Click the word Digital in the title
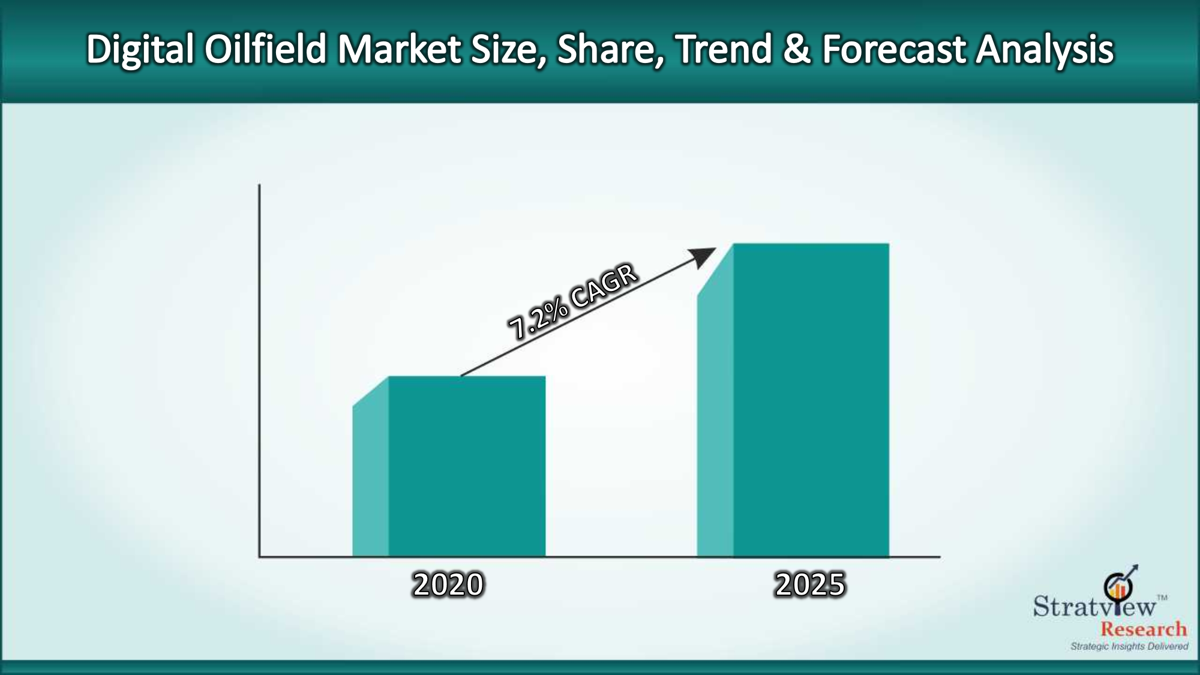pos(140,50)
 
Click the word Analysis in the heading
pos(1045,50)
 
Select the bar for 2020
pos(449,466)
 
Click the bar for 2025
pos(793,400)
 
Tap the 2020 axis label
pos(448,584)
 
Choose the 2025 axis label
pos(810,584)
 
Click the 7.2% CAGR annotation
pos(573,302)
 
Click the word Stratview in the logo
pos(1094,606)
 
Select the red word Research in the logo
pos(1144,629)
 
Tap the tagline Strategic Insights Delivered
pos(1129,646)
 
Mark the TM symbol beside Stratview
pos(1162,598)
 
